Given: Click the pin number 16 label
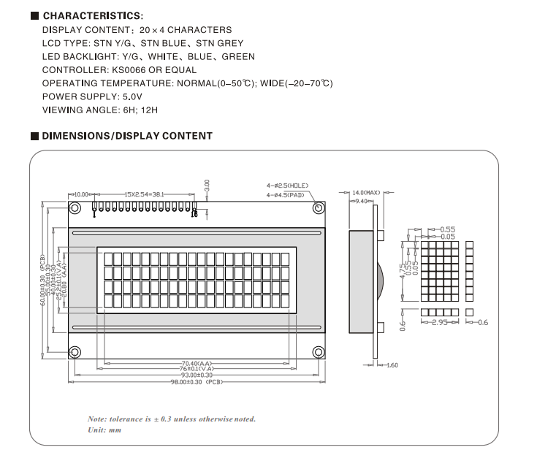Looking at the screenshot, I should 194,214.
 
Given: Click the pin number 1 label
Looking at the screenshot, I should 94,213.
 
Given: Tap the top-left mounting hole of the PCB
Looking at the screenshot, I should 75,208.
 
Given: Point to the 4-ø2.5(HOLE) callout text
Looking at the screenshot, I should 287,186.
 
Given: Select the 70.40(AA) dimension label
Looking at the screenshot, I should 196,363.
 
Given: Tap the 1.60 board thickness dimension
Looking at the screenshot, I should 392,365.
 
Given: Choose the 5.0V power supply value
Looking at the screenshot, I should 132,96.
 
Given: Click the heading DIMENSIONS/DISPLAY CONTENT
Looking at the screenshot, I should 127,136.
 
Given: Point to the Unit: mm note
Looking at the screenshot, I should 104,430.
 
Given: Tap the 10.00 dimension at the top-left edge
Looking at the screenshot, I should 80,194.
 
